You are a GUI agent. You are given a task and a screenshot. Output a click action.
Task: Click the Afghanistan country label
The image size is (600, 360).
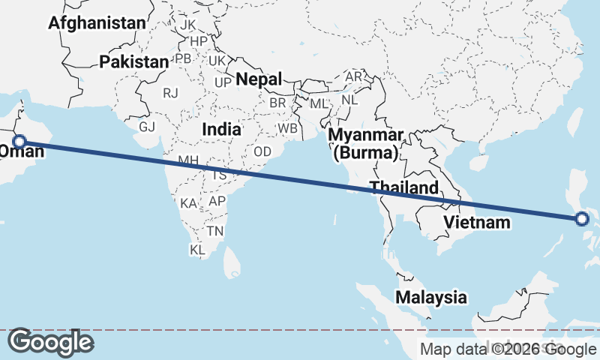point(97,23)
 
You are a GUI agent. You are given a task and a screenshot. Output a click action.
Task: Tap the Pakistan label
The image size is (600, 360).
point(134,61)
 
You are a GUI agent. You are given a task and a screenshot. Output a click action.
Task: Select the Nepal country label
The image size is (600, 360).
point(259,79)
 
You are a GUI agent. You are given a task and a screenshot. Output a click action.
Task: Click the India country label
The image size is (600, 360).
point(221,129)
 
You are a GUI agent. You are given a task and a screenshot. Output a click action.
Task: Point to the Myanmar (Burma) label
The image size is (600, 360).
point(367,144)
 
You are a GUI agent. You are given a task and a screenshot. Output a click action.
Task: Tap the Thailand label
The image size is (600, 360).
point(403,187)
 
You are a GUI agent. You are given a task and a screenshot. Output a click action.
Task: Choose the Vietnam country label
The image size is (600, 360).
point(477,222)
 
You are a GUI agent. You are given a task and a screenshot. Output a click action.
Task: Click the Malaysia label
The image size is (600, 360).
point(431,297)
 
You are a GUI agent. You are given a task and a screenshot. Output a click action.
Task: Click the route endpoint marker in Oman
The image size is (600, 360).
point(20,140)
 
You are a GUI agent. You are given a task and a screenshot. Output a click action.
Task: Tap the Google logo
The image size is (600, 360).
point(50,342)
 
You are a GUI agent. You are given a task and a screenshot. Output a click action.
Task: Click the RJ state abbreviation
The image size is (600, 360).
point(170,93)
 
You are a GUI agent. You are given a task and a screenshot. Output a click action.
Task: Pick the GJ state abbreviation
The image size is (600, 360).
point(147,127)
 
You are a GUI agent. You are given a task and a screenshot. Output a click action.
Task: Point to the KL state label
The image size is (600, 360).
point(197,250)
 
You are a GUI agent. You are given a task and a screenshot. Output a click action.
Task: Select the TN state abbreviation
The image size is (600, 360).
point(215,231)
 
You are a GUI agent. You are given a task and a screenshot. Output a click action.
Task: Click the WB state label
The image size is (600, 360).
point(287,127)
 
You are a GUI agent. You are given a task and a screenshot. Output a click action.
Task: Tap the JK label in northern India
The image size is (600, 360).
point(187,25)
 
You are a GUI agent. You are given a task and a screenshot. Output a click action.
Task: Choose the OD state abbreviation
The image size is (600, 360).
point(262,151)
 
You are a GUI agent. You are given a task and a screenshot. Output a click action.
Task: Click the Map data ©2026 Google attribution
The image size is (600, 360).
point(508,349)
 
